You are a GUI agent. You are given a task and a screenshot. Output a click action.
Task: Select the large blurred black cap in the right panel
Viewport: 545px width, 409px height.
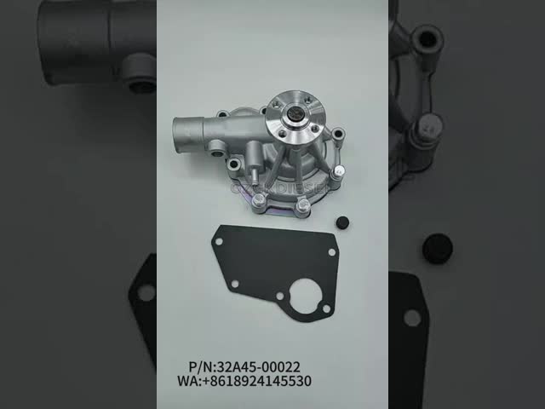coord(437,248)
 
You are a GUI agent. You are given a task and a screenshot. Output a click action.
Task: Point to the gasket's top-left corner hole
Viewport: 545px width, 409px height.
coord(219,242)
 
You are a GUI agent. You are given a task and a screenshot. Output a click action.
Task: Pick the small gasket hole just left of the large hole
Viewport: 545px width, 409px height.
coord(279,296)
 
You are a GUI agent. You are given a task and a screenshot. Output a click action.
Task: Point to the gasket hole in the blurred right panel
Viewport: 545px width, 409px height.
coord(412,318)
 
